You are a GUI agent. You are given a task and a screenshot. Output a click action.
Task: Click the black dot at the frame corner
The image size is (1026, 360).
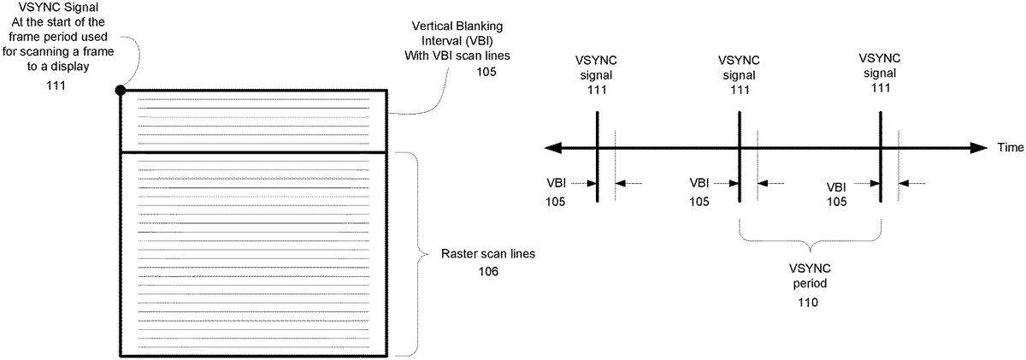pyautogui.click(x=121, y=89)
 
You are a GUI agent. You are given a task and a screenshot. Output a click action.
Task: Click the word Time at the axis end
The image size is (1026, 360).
pyautogui.click(x=1009, y=148)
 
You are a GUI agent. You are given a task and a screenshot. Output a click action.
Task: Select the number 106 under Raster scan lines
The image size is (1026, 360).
pyautogui.click(x=487, y=272)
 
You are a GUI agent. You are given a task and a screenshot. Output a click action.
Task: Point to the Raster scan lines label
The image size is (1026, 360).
pyautogui.click(x=486, y=255)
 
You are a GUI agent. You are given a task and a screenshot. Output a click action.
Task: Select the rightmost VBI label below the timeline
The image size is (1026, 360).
pyautogui.click(x=837, y=186)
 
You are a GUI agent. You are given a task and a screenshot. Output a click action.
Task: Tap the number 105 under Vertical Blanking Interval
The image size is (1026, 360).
pyautogui.click(x=486, y=72)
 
